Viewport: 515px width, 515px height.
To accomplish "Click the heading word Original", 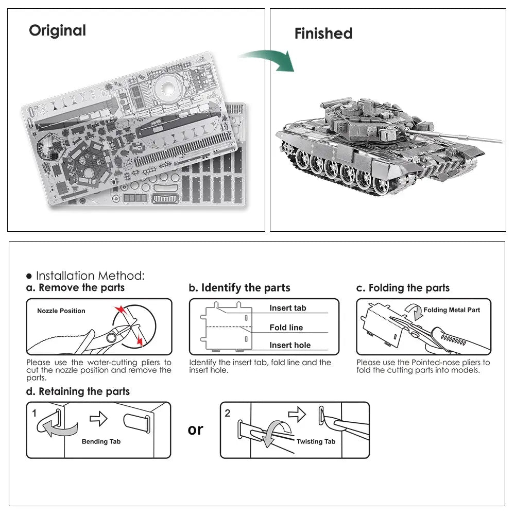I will coord(57,30).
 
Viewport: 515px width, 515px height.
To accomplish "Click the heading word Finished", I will coord(323,33).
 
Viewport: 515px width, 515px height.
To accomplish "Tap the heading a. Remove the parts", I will coord(76,287).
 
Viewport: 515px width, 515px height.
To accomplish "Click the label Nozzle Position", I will coord(61,311).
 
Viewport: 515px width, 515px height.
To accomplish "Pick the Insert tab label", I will coord(287,308).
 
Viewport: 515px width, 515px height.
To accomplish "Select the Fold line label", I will coord(286,328).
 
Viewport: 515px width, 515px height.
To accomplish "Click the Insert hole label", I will coord(289,345).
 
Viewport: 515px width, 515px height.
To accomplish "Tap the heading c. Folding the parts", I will coord(403,288).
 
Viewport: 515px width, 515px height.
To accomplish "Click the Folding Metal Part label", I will coord(451,310).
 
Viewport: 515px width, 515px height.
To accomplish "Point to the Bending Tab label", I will coord(101,441).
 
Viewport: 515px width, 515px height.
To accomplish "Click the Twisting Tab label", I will coord(316,441).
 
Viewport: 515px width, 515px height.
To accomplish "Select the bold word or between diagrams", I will coord(195,429).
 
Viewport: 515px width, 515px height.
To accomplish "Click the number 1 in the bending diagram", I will coord(34,413).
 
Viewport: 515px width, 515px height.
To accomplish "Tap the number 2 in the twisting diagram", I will coord(228,413).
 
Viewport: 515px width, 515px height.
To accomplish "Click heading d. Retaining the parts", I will coord(78,391).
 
